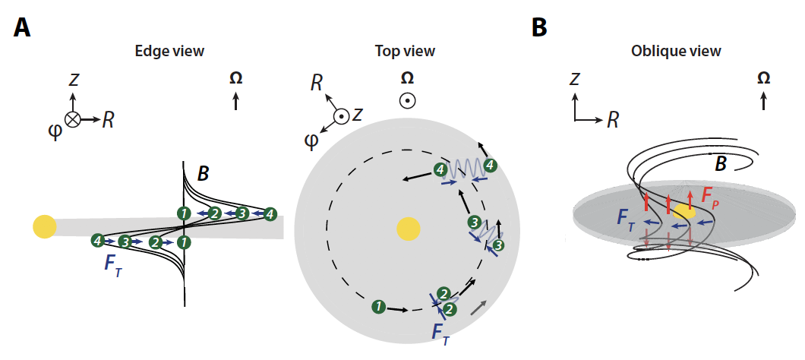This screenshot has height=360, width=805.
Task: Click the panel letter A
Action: pos(23,28)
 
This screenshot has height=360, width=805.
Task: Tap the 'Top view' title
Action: pos(405,51)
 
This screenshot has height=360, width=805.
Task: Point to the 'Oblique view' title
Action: pos(676,51)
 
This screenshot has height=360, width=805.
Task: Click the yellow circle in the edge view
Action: pos(45,226)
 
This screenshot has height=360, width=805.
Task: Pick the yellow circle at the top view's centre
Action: pos(408,228)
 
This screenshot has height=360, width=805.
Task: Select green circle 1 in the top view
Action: pos(377,307)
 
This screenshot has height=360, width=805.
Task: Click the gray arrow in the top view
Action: pos(478,307)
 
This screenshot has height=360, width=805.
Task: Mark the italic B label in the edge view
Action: pos(203,175)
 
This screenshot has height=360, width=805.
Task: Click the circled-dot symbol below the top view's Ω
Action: pos(407,100)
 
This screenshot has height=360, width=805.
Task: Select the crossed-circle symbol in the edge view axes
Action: pos(73,119)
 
